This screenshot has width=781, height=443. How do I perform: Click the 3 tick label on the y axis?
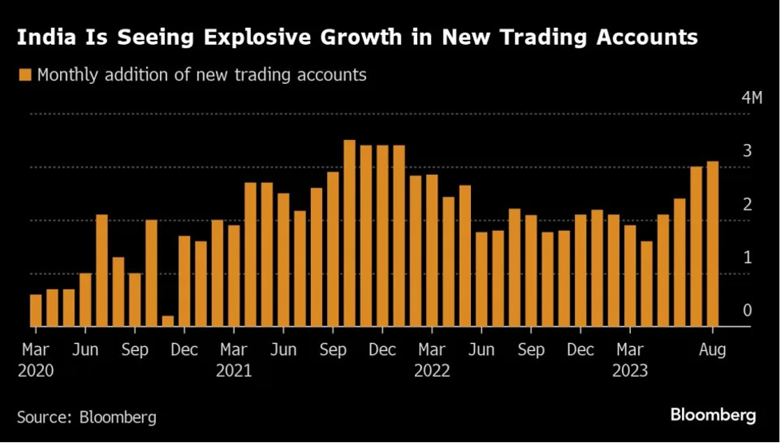[747, 151]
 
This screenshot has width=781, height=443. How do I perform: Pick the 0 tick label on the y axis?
[747, 310]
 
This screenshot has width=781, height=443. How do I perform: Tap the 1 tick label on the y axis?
[747, 257]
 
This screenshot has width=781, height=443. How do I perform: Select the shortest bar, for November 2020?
[168, 321]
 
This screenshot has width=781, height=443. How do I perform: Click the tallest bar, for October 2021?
[349, 233]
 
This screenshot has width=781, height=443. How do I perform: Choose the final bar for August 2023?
[712, 244]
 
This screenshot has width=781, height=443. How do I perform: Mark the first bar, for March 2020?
[35, 310]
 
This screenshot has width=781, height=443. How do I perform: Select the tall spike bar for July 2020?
[102, 270]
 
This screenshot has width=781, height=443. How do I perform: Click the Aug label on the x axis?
[712, 350]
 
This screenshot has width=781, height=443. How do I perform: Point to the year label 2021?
[234, 372]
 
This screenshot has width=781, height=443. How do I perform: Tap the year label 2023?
[630, 372]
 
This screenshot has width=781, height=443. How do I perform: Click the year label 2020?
[36, 372]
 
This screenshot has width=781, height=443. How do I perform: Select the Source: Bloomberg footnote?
[86, 417]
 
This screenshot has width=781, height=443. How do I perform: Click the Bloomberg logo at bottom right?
[713, 415]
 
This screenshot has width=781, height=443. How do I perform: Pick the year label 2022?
[432, 372]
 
